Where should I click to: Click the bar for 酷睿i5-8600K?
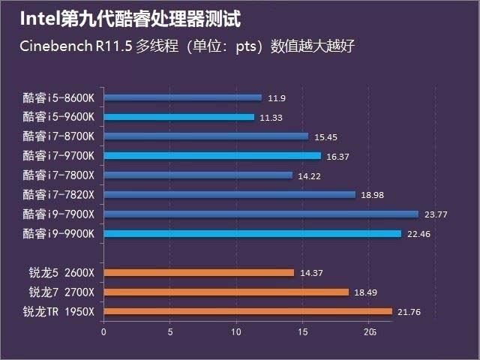click(x=183, y=97)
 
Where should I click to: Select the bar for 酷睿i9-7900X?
click(x=261, y=214)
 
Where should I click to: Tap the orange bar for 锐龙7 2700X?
click(x=226, y=292)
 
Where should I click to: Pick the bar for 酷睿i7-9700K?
click(x=212, y=155)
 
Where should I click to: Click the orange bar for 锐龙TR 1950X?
click(x=247, y=311)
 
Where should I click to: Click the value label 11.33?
click(x=270, y=117)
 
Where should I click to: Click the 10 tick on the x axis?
click(x=236, y=331)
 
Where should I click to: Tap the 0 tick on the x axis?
click(x=103, y=331)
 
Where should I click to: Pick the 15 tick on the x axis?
click(x=303, y=331)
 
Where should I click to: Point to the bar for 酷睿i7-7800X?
click(x=198, y=175)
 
